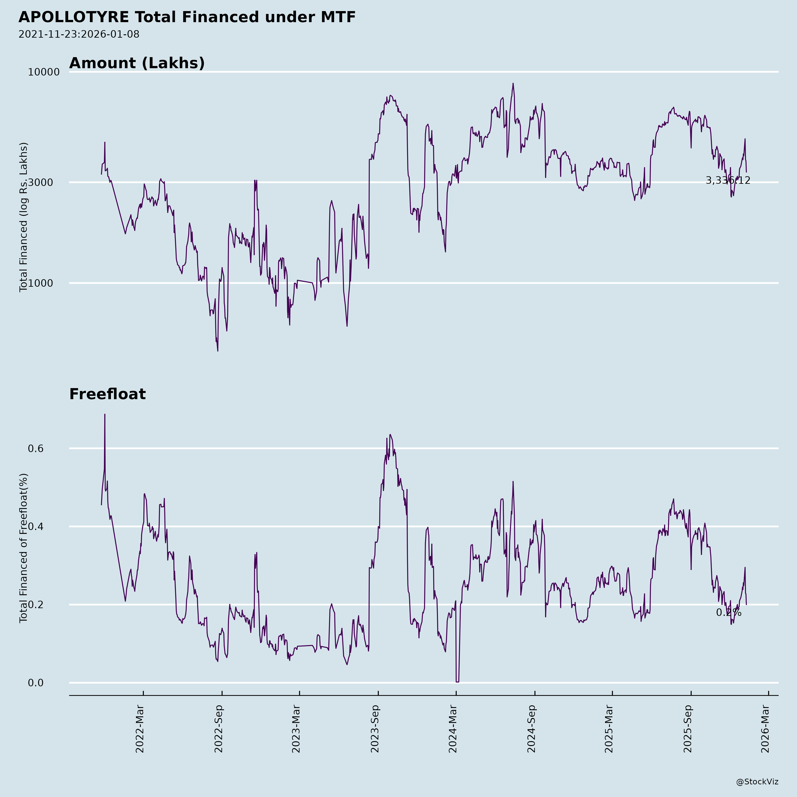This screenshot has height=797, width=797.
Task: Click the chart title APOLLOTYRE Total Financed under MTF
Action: [187, 17]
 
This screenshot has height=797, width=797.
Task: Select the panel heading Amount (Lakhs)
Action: [137, 63]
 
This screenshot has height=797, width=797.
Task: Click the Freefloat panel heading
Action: [107, 394]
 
